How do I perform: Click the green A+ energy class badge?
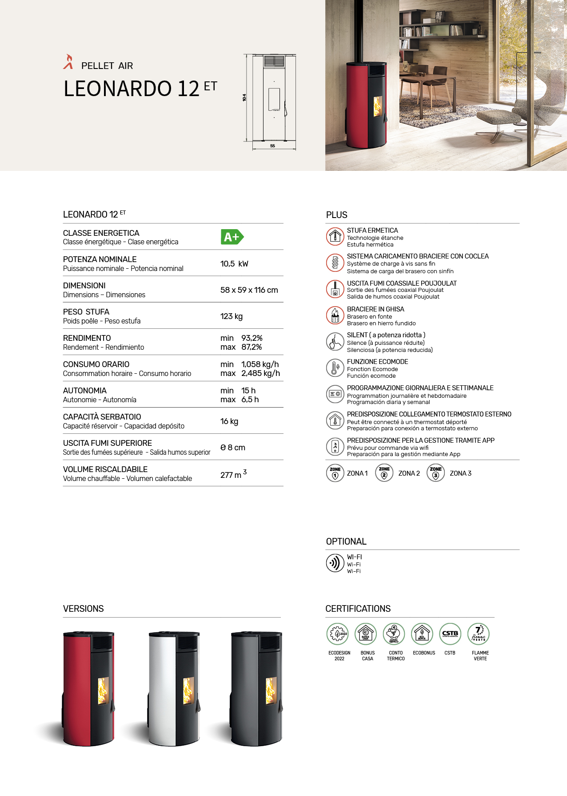point(232,237)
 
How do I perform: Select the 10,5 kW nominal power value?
point(234,264)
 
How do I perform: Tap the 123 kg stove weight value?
point(232,316)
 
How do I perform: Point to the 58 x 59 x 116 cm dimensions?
point(249,290)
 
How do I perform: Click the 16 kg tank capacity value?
point(229,421)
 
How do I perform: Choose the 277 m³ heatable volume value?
point(233,474)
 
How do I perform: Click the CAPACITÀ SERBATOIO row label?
point(102,417)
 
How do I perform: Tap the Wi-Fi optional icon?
point(335,563)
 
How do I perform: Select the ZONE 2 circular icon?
point(384,473)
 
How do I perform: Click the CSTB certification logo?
point(450,634)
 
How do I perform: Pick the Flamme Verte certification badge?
point(479,634)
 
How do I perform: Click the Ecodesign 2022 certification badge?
point(338,634)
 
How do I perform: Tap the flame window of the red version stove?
point(103,691)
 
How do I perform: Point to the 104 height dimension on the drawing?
point(244,97)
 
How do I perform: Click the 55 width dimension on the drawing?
point(272,146)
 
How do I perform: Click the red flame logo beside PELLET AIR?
point(68,62)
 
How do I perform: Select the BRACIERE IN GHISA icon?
point(335,315)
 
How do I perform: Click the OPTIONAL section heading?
point(346,541)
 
